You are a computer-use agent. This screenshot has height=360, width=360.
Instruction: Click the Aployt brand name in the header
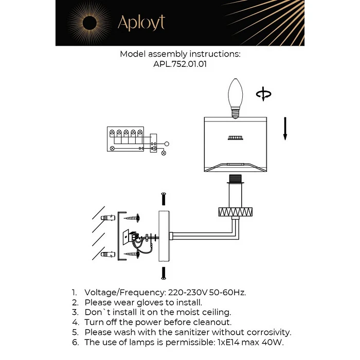point(141,23)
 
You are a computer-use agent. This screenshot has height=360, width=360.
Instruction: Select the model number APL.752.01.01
point(180,65)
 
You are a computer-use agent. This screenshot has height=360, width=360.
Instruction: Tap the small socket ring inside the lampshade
point(235,138)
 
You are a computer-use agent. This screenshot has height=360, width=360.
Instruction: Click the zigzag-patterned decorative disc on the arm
point(235,210)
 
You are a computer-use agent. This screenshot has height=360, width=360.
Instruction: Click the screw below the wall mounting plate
point(164,273)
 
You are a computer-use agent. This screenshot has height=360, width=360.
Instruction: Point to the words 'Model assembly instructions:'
point(180,54)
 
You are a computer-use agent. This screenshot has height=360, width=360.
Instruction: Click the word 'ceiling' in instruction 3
point(216,312)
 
